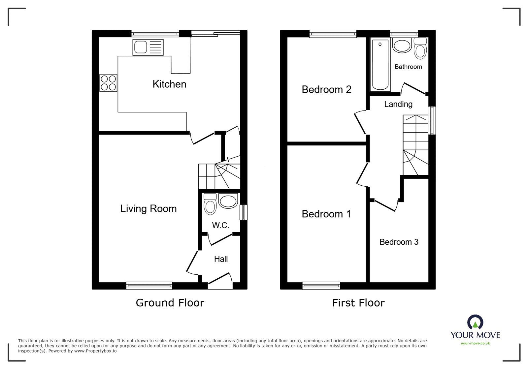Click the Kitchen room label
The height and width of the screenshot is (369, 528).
pyautogui.click(x=169, y=84)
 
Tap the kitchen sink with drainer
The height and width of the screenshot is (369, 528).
pyautogui.click(x=148, y=47)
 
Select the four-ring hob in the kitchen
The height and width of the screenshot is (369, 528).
pyautogui.click(x=109, y=83)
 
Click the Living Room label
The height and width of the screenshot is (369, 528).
pyautogui.click(x=148, y=209)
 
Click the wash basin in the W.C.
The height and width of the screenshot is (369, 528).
pyautogui.click(x=228, y=201)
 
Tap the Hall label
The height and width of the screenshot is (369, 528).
pyautogui.click(x=221, y=259)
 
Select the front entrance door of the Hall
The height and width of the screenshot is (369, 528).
pyautogui.click(x=219, y=281)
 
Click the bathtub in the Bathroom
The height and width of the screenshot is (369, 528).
pyautogui.click(x=380, y=64)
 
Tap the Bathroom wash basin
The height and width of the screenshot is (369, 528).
pyautogui.click(x=402, y=46)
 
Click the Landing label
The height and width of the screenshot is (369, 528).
pyautogui.click(x=398, y=104)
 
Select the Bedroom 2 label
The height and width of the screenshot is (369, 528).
pyautogui.click(x=326, y=89)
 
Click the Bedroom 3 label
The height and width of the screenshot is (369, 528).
pyautogui.click(x=399, y=242)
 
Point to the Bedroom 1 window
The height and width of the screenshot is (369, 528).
pyautogui.click(x=321, y=286)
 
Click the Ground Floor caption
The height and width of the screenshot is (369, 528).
pyautogui.click(x=170, y=303)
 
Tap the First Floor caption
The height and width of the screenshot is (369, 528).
pyautogui.click(x=358, y=303)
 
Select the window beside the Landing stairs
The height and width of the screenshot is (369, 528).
pyautogui.click(x=432, y=120)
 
